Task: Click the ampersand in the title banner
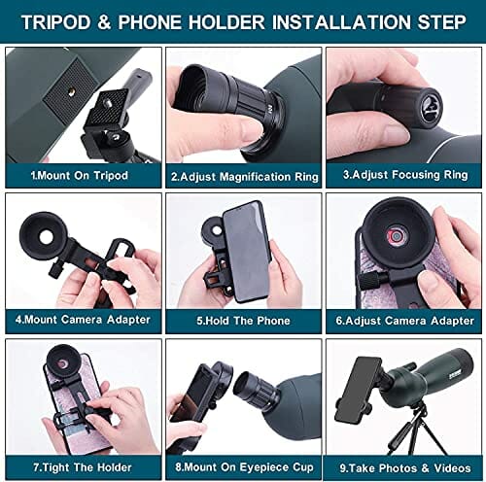coord(104,22)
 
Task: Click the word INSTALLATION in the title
coord(341,22)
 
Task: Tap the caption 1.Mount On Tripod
coord(80,176)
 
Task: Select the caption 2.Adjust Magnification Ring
coord(245,177)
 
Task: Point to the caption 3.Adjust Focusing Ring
coord(405,175)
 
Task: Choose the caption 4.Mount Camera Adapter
coord(83,320)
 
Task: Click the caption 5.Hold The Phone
coord(243,321)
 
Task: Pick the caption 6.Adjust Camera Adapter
coord(404,321)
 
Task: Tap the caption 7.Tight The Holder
coord(83,467)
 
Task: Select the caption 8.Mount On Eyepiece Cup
coord(244,467)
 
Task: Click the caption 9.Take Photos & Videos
coord(405,468)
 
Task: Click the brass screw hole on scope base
coord(71,93)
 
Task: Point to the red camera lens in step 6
coord(396,236)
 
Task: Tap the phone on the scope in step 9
coord(358,390)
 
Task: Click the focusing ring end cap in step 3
coord(430,108)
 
